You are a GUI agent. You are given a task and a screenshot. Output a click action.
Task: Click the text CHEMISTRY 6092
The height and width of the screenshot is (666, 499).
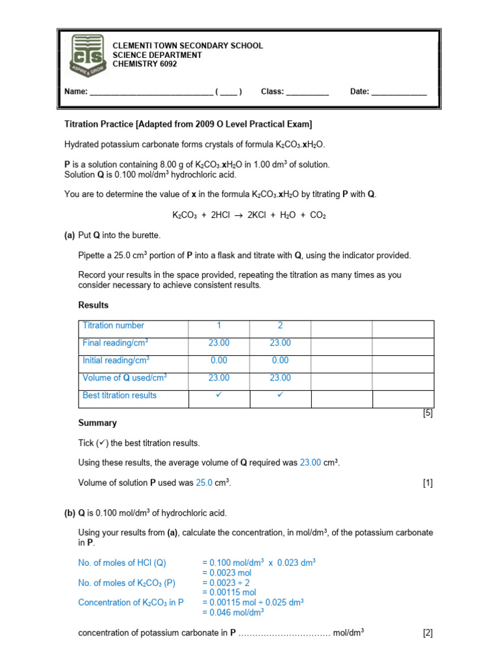coord(145,64)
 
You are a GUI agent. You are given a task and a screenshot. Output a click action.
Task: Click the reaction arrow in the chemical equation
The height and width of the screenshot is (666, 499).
coord(240,215)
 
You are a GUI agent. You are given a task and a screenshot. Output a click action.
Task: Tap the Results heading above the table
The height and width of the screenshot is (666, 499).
coord(94,305)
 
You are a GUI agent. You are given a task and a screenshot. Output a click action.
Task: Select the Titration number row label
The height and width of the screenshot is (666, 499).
coord(114,326)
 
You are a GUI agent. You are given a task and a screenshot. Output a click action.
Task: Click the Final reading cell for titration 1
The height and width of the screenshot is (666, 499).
coord(218,343)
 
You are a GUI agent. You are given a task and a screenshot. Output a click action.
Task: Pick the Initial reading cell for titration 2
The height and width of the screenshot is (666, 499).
coord(280,360)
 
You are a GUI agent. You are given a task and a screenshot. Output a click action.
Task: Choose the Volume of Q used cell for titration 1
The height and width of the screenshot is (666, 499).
coord(218,378)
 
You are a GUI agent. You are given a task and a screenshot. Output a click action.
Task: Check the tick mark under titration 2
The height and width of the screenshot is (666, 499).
coord(280,395)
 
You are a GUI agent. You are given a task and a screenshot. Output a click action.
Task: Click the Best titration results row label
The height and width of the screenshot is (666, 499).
coord(120,395)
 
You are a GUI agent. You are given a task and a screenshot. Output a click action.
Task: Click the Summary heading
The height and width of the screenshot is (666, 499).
coord(97,423)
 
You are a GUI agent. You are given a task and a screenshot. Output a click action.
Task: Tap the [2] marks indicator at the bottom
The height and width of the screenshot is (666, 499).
coord(428,632)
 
